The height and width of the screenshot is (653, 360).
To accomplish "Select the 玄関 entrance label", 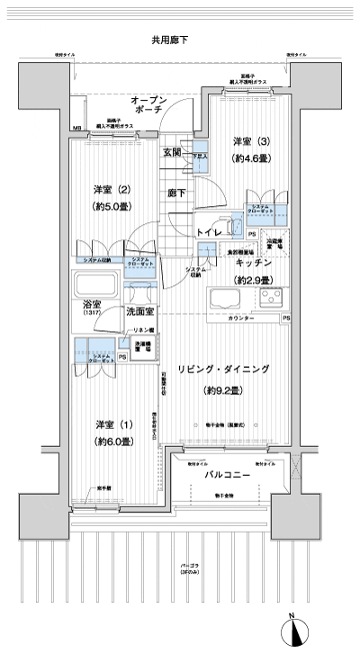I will click(x=173, y=152).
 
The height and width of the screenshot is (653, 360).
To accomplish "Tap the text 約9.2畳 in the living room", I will click(x=221, y=390).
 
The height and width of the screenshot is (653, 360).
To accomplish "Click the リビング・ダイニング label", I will click(x=222, y=369).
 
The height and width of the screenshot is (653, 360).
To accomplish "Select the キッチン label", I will click(x=255, y=263).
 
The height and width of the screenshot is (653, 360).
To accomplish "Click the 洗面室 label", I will click(x=141, y=311).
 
